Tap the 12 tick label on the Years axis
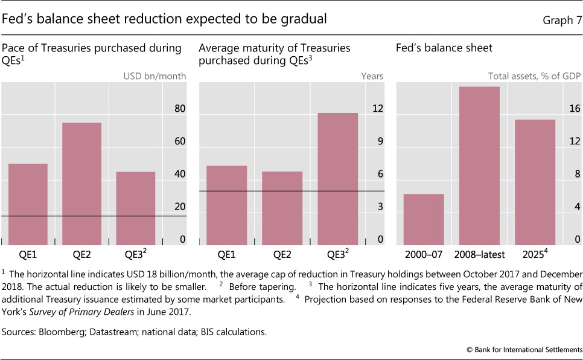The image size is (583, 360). tap(378, 109)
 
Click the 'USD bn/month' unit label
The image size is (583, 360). tap(155, 76)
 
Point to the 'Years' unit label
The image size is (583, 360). tap(372, 76)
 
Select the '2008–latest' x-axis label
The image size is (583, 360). tap(479, 254)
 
